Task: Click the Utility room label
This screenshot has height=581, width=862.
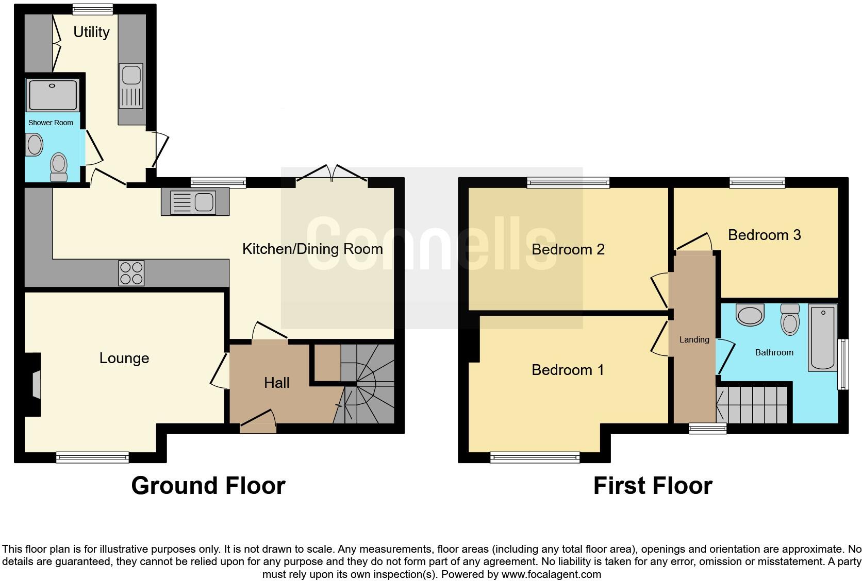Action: (91, 32)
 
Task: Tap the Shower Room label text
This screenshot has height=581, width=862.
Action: (51, 123)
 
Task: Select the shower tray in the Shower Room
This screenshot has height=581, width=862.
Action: (53, 95)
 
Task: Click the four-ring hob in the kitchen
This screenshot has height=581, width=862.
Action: (131, 273)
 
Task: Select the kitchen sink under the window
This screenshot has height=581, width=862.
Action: (195, 202)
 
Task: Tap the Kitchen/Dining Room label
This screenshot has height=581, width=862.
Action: (312, 249)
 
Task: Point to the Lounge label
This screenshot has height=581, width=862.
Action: (124, 358)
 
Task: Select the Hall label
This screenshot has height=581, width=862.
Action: (276, 383)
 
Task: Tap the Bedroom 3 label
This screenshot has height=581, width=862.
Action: (764, 235)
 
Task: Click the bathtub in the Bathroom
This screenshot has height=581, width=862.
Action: (823, 337)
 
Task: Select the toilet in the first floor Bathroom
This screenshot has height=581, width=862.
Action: (790, 319)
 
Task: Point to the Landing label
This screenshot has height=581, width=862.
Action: (694, 339)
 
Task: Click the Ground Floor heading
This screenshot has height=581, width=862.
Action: (208, 486)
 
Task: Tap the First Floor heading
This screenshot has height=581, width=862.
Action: (653, 486)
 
